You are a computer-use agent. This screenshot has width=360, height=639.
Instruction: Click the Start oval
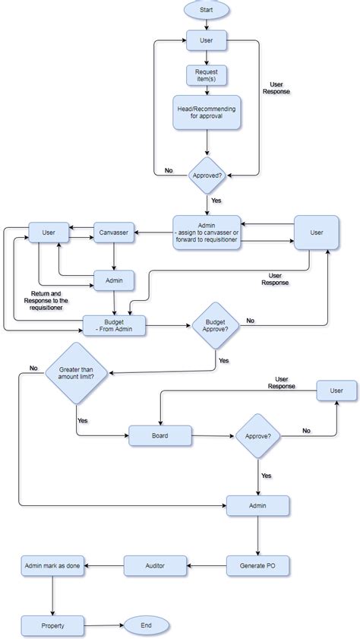(x=207, y=10)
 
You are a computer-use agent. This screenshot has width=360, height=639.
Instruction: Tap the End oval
(x=147, y=625)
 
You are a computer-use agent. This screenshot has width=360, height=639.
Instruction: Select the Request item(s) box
(x=207, y=75)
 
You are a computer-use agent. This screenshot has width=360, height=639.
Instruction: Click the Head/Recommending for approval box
(x=207, y=113)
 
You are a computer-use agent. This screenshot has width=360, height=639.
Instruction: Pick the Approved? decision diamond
(x=207, y=175)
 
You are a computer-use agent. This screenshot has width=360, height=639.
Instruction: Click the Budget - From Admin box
(x=114, y=325)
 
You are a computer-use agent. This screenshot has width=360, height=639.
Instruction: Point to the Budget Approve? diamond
(x=215, y=325)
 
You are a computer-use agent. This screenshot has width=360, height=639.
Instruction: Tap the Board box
(x=159, y=435)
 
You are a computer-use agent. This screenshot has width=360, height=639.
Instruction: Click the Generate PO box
(x=257, y=565)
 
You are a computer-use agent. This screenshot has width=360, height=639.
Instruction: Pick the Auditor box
(x=155, y=565)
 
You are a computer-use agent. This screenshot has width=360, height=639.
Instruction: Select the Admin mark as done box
(x=52, y=565)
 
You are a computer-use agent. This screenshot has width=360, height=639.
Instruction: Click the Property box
(x=52, y=626)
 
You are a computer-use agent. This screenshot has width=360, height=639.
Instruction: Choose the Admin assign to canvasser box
(x=207, y=232)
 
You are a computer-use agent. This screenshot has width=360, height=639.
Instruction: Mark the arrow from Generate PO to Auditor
(x=206, y=565)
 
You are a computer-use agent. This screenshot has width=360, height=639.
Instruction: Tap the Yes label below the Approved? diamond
(x=216, y=201)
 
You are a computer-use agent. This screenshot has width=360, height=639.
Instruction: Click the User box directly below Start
(x=207, y=40)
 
